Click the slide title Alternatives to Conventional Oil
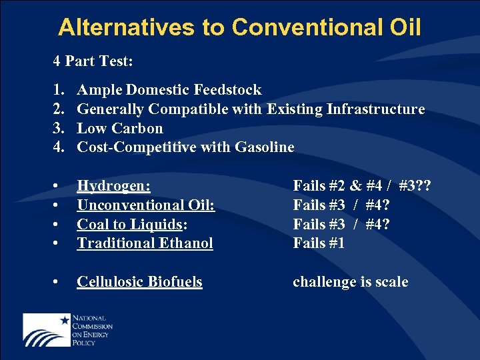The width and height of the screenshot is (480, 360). pos(239,27)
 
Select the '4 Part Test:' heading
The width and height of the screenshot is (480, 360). pos(93,61)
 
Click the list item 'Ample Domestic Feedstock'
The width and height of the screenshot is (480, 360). pos(169,90)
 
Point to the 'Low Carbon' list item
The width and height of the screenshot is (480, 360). pos(120,129)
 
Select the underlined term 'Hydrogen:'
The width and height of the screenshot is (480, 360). pos(113,186)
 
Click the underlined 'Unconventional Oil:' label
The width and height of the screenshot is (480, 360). pos(146,205)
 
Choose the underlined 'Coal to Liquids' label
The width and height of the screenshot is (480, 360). pos(129,225)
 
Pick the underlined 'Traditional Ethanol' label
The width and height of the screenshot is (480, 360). pos(145,243)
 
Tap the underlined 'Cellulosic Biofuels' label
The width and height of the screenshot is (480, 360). pos(139,282)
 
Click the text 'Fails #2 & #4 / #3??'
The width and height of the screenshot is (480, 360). pos(362,186)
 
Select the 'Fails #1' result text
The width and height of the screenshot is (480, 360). pos(319,243)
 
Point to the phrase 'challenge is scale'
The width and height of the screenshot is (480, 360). pos(350,282)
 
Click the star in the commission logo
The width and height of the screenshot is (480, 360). pos(65,320)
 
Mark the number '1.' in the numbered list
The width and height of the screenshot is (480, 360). pos(59,90)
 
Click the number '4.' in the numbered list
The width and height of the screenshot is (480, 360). pos(59,147)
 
